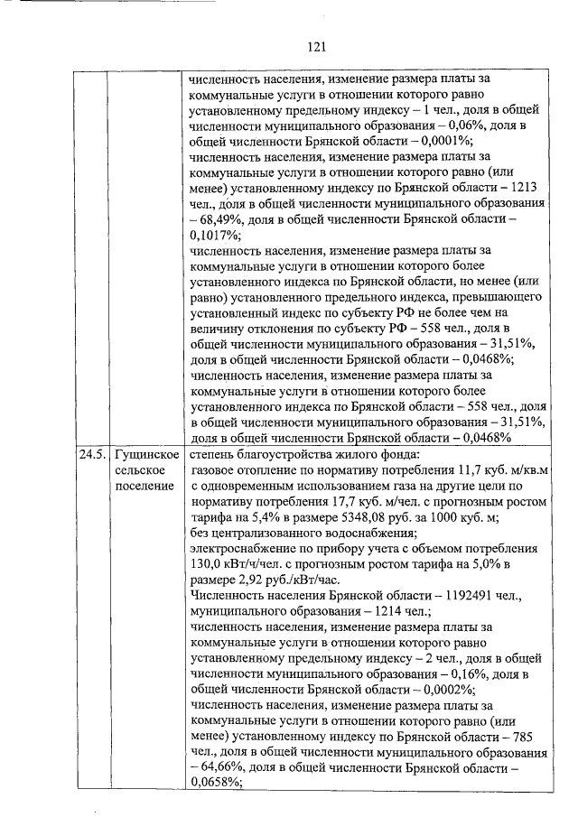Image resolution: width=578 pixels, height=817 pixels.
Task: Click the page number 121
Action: click(x=315, y=46)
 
